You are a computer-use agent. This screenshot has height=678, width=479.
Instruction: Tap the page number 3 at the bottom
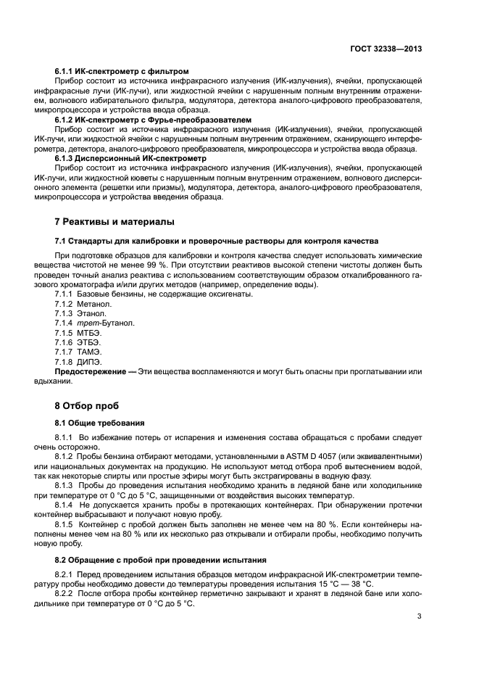tap(420, 617)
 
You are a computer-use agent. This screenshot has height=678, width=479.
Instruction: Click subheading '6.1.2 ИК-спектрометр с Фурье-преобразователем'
tap(153, 118)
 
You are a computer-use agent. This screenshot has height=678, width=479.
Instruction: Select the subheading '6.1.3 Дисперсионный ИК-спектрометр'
tap(130, 157)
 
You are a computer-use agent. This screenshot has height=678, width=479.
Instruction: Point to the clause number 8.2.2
tap(66, 593)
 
